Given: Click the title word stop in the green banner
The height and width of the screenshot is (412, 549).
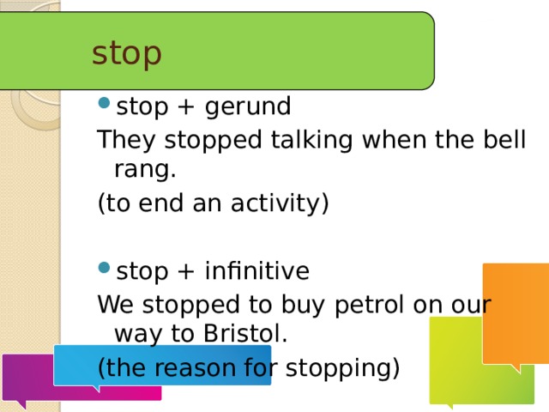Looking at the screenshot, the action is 126,54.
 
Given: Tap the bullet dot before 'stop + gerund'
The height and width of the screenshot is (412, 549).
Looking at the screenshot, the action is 105,103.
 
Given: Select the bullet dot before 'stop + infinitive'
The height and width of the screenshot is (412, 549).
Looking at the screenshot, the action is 105,268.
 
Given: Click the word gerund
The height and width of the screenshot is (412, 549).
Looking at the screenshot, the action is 248,107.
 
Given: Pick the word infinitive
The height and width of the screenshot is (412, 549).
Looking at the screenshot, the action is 257,270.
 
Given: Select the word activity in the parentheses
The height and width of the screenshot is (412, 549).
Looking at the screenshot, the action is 275,203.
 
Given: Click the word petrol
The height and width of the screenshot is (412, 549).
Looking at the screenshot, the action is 370,306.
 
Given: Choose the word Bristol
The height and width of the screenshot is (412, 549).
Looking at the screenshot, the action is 245,333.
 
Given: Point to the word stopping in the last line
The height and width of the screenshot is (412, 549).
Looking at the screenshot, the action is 339,369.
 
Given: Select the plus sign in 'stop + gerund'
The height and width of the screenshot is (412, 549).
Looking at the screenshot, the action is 186,106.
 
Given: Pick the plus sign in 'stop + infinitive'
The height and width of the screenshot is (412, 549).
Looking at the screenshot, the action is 186,271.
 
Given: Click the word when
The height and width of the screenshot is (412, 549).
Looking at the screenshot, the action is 394,139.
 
